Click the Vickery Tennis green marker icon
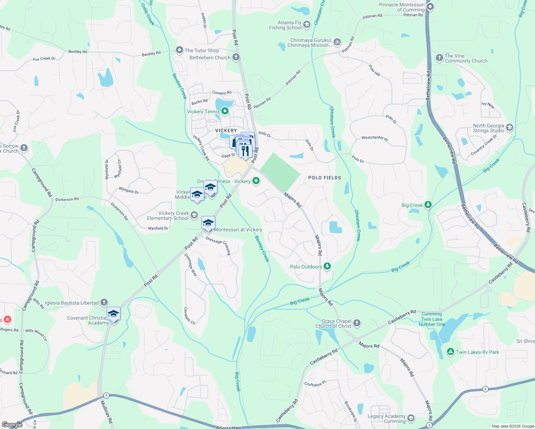[225, 112]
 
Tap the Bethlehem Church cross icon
[236, 57]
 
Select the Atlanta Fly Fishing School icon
[306, 25]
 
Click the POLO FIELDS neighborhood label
[325, 178]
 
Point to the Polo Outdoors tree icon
[327, 266]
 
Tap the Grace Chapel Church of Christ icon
[357, 323]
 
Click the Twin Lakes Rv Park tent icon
[451, 352]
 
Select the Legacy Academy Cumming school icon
[411, 418]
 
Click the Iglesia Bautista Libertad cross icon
[104, 302]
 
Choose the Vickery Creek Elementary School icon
[194, 215]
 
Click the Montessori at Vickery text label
[238, 230]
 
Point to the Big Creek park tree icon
[428, 205]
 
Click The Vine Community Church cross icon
[440, 58]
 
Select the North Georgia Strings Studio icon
[510, 128]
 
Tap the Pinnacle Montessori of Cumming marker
[430, 7]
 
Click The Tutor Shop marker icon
[179, 50]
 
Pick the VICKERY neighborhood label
[226, 130]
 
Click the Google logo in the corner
[12, 424]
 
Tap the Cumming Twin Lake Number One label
[432, 319]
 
